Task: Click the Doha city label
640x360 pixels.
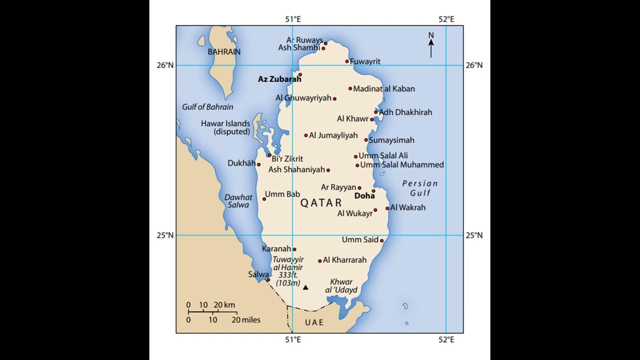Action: tap(364, 196)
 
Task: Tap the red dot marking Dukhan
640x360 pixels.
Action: tap(258, 164)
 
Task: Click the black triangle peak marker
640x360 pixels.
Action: tap(305, 287)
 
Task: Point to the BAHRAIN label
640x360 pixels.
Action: tap(224, 51)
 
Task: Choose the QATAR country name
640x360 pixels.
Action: tap(321, 203)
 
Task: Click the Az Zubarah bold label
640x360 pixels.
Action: tap(279, 79)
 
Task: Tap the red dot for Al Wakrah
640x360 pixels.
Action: tap(387, 208)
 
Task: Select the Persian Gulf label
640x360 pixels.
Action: tap(420, 188)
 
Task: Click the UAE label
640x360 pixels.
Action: tap(314, 322)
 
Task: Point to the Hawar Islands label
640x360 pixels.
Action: tap(225, 127)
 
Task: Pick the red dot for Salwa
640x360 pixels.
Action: tap(268, 280)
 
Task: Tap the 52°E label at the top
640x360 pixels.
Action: tap(446, 19)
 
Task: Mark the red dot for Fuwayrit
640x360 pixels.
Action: tap(347, 61)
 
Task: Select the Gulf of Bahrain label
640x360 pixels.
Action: tap(207, 107)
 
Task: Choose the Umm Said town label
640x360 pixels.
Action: tap(359, 240)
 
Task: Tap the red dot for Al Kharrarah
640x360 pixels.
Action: tap(320, 261)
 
